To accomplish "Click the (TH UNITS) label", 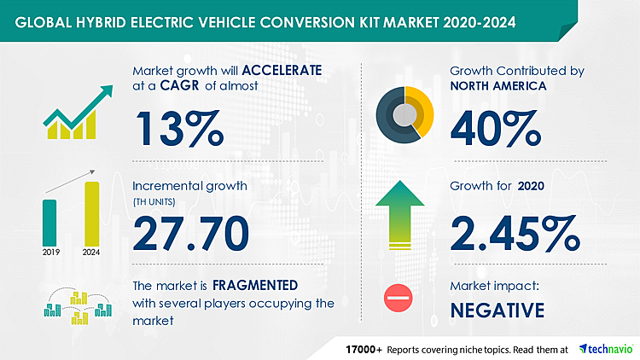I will (152, 201).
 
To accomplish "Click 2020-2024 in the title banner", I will (468, 19).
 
